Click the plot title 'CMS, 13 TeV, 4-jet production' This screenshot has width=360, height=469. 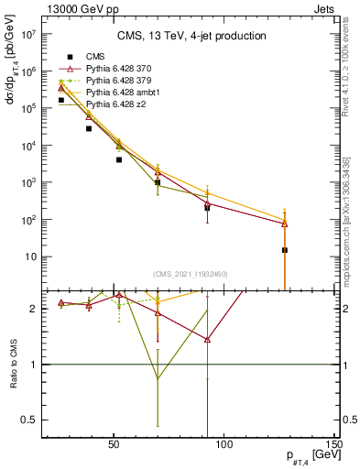click(191, 37)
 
